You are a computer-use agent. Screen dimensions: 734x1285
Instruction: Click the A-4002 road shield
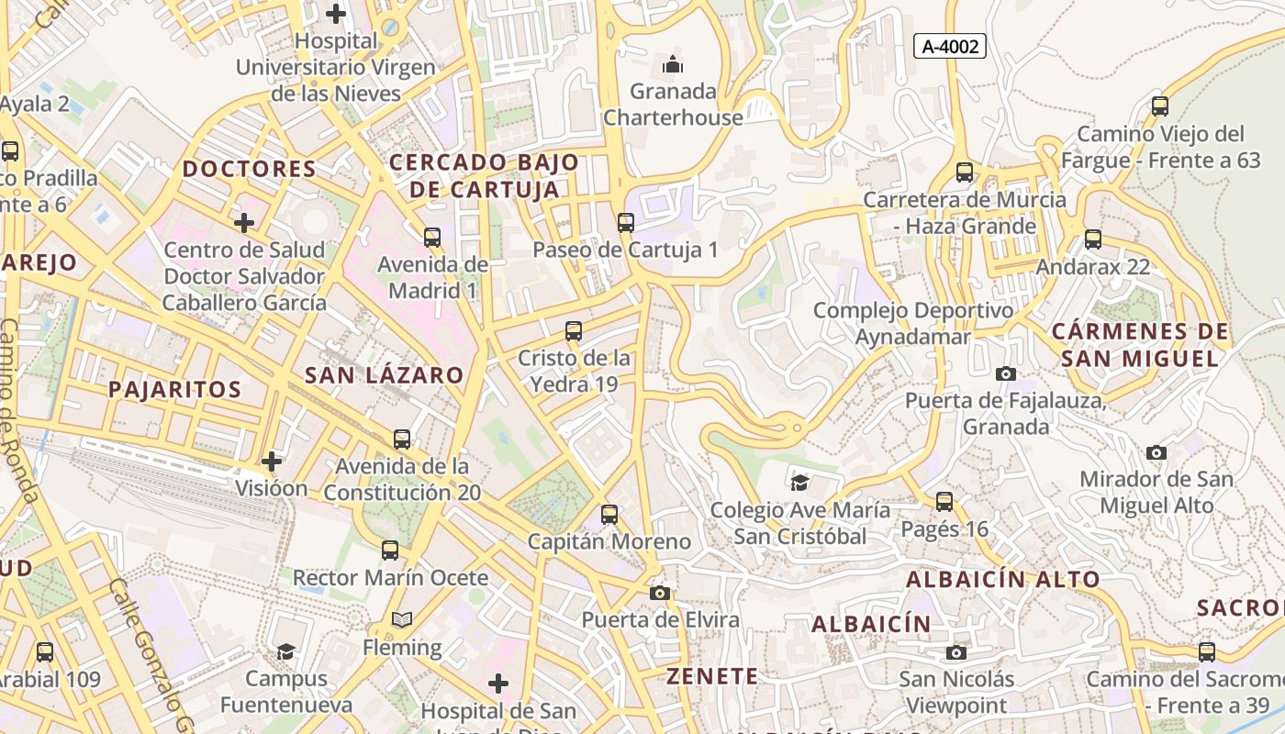pyautogui.click(x=949, y=46)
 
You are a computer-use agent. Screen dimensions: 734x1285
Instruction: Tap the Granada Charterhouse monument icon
pyautogui.click(x=673, y=65)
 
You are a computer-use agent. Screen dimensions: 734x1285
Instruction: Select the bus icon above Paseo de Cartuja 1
pyautogui.click(x=626, y=222)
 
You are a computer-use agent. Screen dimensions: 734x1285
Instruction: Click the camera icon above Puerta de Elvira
pyautogui.click(x=659, y=593)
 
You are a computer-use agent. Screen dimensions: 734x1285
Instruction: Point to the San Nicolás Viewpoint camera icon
pyautogui.click(x=956, y=652)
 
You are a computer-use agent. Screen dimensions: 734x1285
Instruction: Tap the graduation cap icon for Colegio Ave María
pyautogui.click(x=799, y=482)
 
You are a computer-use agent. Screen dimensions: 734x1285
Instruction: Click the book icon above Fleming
pyautogui.click(x=401, y=620)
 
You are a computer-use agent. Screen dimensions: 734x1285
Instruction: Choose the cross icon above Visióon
pyautogui.click(x=271, y=461)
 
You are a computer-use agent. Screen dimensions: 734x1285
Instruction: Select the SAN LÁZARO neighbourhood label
pyautogui.click(x=384, y=374)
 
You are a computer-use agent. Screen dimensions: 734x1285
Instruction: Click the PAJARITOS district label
pyautogui.click(x=175, y=389)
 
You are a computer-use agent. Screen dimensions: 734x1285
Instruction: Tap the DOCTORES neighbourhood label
pyautogui.click(x=249, y=169)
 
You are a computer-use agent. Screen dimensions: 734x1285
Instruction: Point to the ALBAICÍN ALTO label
pyautogui.click(x=1002, y=579)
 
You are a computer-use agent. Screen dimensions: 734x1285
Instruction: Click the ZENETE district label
pyautogui.click(x=712, y=677)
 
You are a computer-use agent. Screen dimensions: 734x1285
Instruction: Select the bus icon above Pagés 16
pyautogui.click(x=944, y=502)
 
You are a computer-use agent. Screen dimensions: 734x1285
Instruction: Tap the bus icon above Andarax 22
pyautogui.click(x=1092, y=239)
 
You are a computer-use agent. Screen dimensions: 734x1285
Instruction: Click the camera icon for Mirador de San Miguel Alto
pyautogui.click(x=1156, y=452)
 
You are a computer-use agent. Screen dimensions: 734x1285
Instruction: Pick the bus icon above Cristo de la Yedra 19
pyautogui.click(x=574, y=331)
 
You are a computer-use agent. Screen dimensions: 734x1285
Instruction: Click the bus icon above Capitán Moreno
pyautogui.click(x=609, y=515)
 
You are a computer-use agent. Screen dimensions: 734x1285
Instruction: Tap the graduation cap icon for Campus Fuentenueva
pyautogui.click(x=286, y=651)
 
